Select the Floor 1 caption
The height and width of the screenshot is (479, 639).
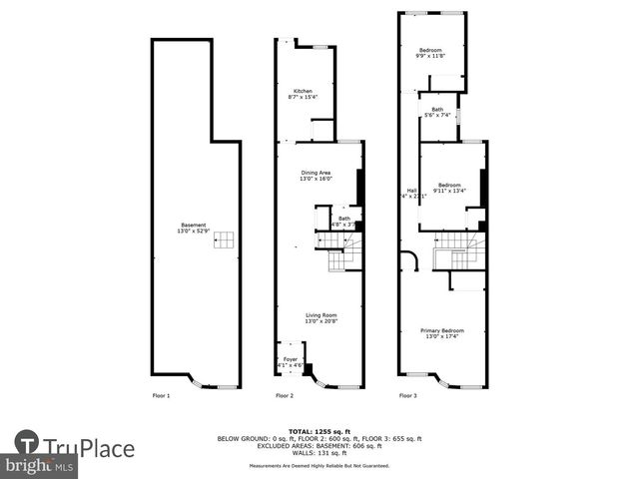pyautogui.click(x=161, y=396)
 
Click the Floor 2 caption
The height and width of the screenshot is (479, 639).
pyautogui.click(x=285, y=396)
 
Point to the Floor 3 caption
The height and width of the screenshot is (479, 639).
pyautogui.click(x=408, y=396)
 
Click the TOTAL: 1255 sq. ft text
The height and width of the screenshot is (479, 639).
pyautogui.click(x=319, y=431)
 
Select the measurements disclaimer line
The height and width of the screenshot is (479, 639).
pyautogui.click(x=319, y=466)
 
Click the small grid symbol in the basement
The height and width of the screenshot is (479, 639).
pyautogui.click(x=226, y=239)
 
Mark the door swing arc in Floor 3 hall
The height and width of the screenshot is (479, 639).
pyautogui.click(x=409, y=260)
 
